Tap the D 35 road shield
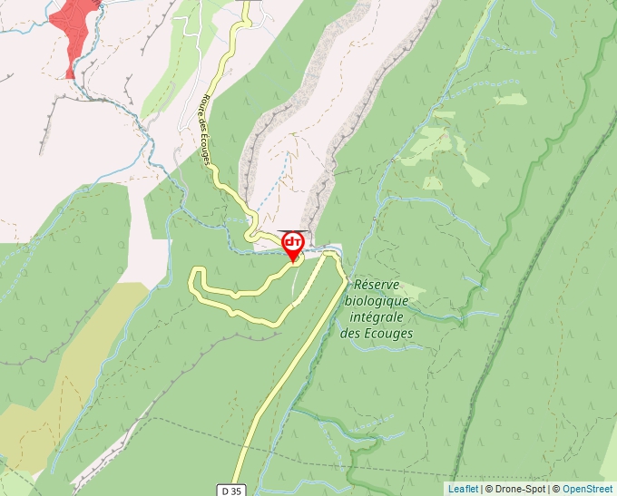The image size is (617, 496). click(232, 490)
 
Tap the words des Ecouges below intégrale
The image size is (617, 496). click(377, 334)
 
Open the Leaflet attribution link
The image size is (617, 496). click(463, 489)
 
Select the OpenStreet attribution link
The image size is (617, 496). click(589, 489)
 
